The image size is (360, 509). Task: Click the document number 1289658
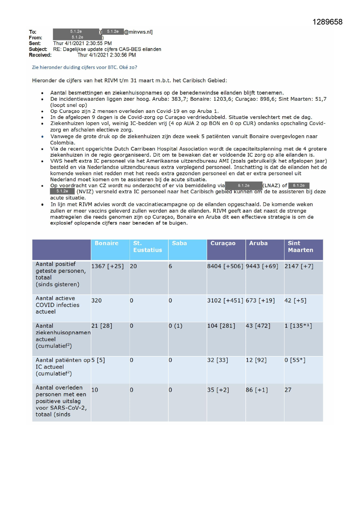(327, 22)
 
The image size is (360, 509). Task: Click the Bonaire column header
(106, 243)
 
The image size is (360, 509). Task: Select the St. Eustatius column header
(147, 247)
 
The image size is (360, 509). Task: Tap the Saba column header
(179, 243)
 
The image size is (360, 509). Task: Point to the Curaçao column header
(223, 243)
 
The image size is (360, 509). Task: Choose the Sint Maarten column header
(300, 247)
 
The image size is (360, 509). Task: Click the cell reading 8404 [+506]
(225, 266)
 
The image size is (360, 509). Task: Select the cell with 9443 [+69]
(262, 266)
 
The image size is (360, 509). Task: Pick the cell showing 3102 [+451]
(225, 301)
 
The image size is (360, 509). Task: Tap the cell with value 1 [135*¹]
(298, 326)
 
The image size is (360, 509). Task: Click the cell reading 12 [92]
(256, 360)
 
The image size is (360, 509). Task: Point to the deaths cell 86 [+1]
(257, 390)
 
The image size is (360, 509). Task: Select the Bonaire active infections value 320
(97, 301)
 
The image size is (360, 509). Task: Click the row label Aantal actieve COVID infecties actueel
(57, 305)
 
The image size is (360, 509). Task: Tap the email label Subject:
(38, 49)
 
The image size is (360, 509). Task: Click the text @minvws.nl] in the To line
(138, 32)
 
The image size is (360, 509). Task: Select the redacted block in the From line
(77, 37)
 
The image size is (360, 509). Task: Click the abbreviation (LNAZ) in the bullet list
(271, 185)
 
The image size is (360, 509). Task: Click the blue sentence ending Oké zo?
(84, 67)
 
